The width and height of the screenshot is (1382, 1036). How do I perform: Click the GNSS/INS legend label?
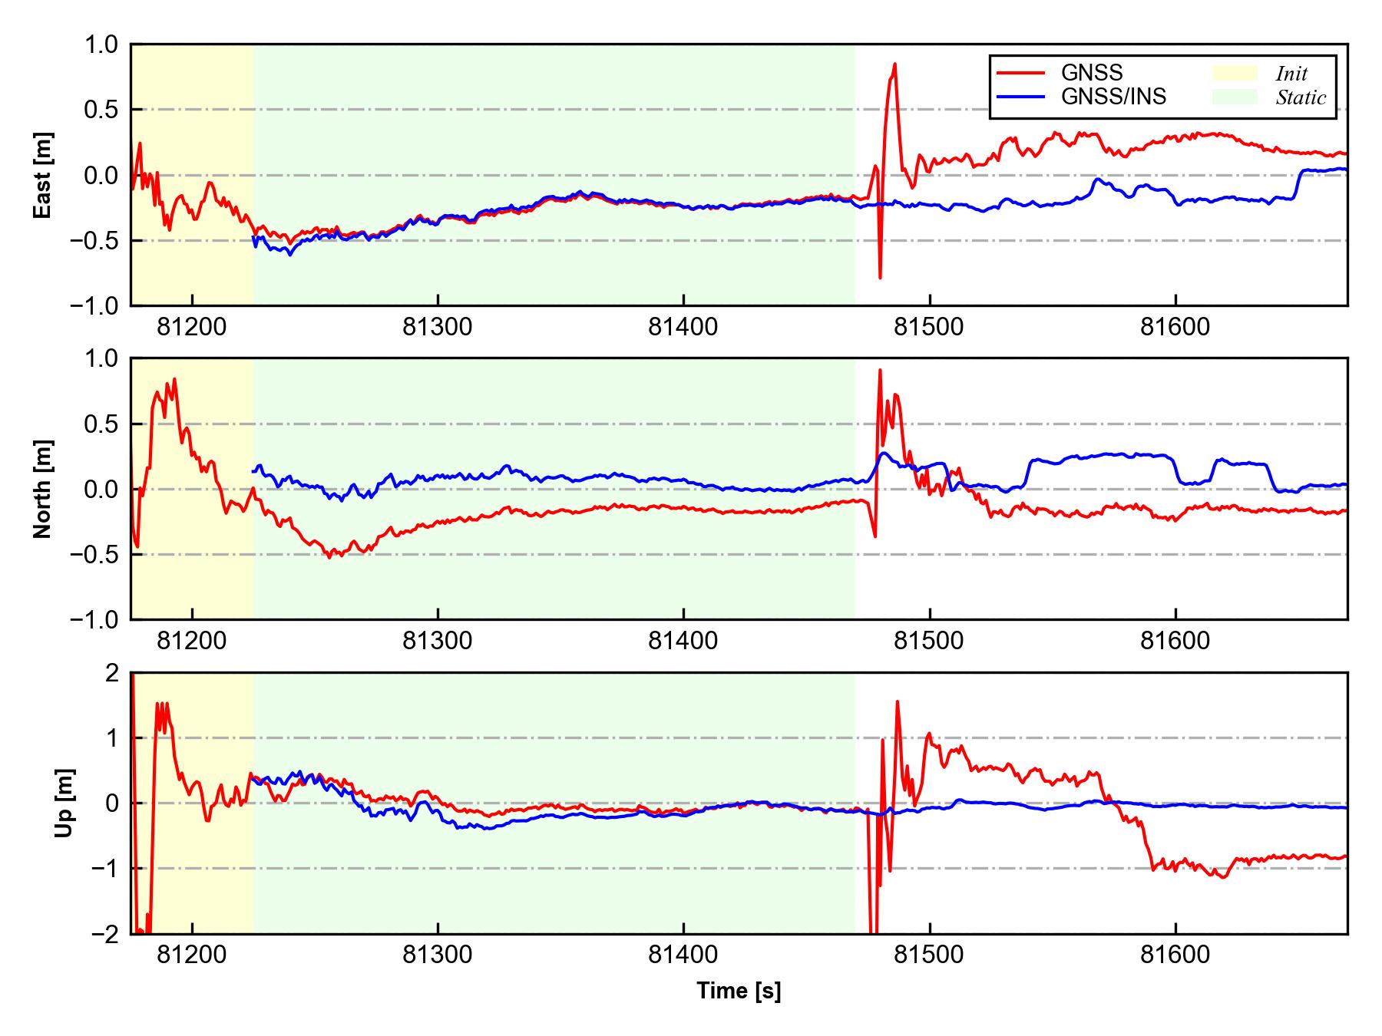(1113, 97)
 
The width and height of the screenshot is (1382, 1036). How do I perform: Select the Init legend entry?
(1291, 74)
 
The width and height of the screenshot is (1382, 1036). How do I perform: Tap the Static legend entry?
(1301, 97)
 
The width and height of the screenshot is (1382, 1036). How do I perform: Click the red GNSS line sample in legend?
(1020, 73)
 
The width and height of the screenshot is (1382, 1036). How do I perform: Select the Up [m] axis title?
(64, 803)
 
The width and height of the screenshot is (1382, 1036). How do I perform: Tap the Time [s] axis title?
(739, 991)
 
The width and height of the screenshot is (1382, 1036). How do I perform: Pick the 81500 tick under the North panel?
(929, 641)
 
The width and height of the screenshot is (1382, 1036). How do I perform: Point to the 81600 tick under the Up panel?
(1175, 955)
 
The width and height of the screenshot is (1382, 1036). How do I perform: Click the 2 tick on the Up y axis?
(113, 673)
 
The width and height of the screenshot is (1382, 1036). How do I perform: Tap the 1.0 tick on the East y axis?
(102, 45)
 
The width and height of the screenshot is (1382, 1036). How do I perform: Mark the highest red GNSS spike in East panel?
(894, 64)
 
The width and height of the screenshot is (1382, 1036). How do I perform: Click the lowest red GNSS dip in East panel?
(880, 278)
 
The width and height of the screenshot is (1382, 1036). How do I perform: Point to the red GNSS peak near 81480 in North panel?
(880, 370)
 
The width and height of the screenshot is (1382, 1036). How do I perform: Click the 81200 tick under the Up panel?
(192, 955)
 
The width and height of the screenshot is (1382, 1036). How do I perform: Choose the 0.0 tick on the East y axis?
(102, 176)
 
